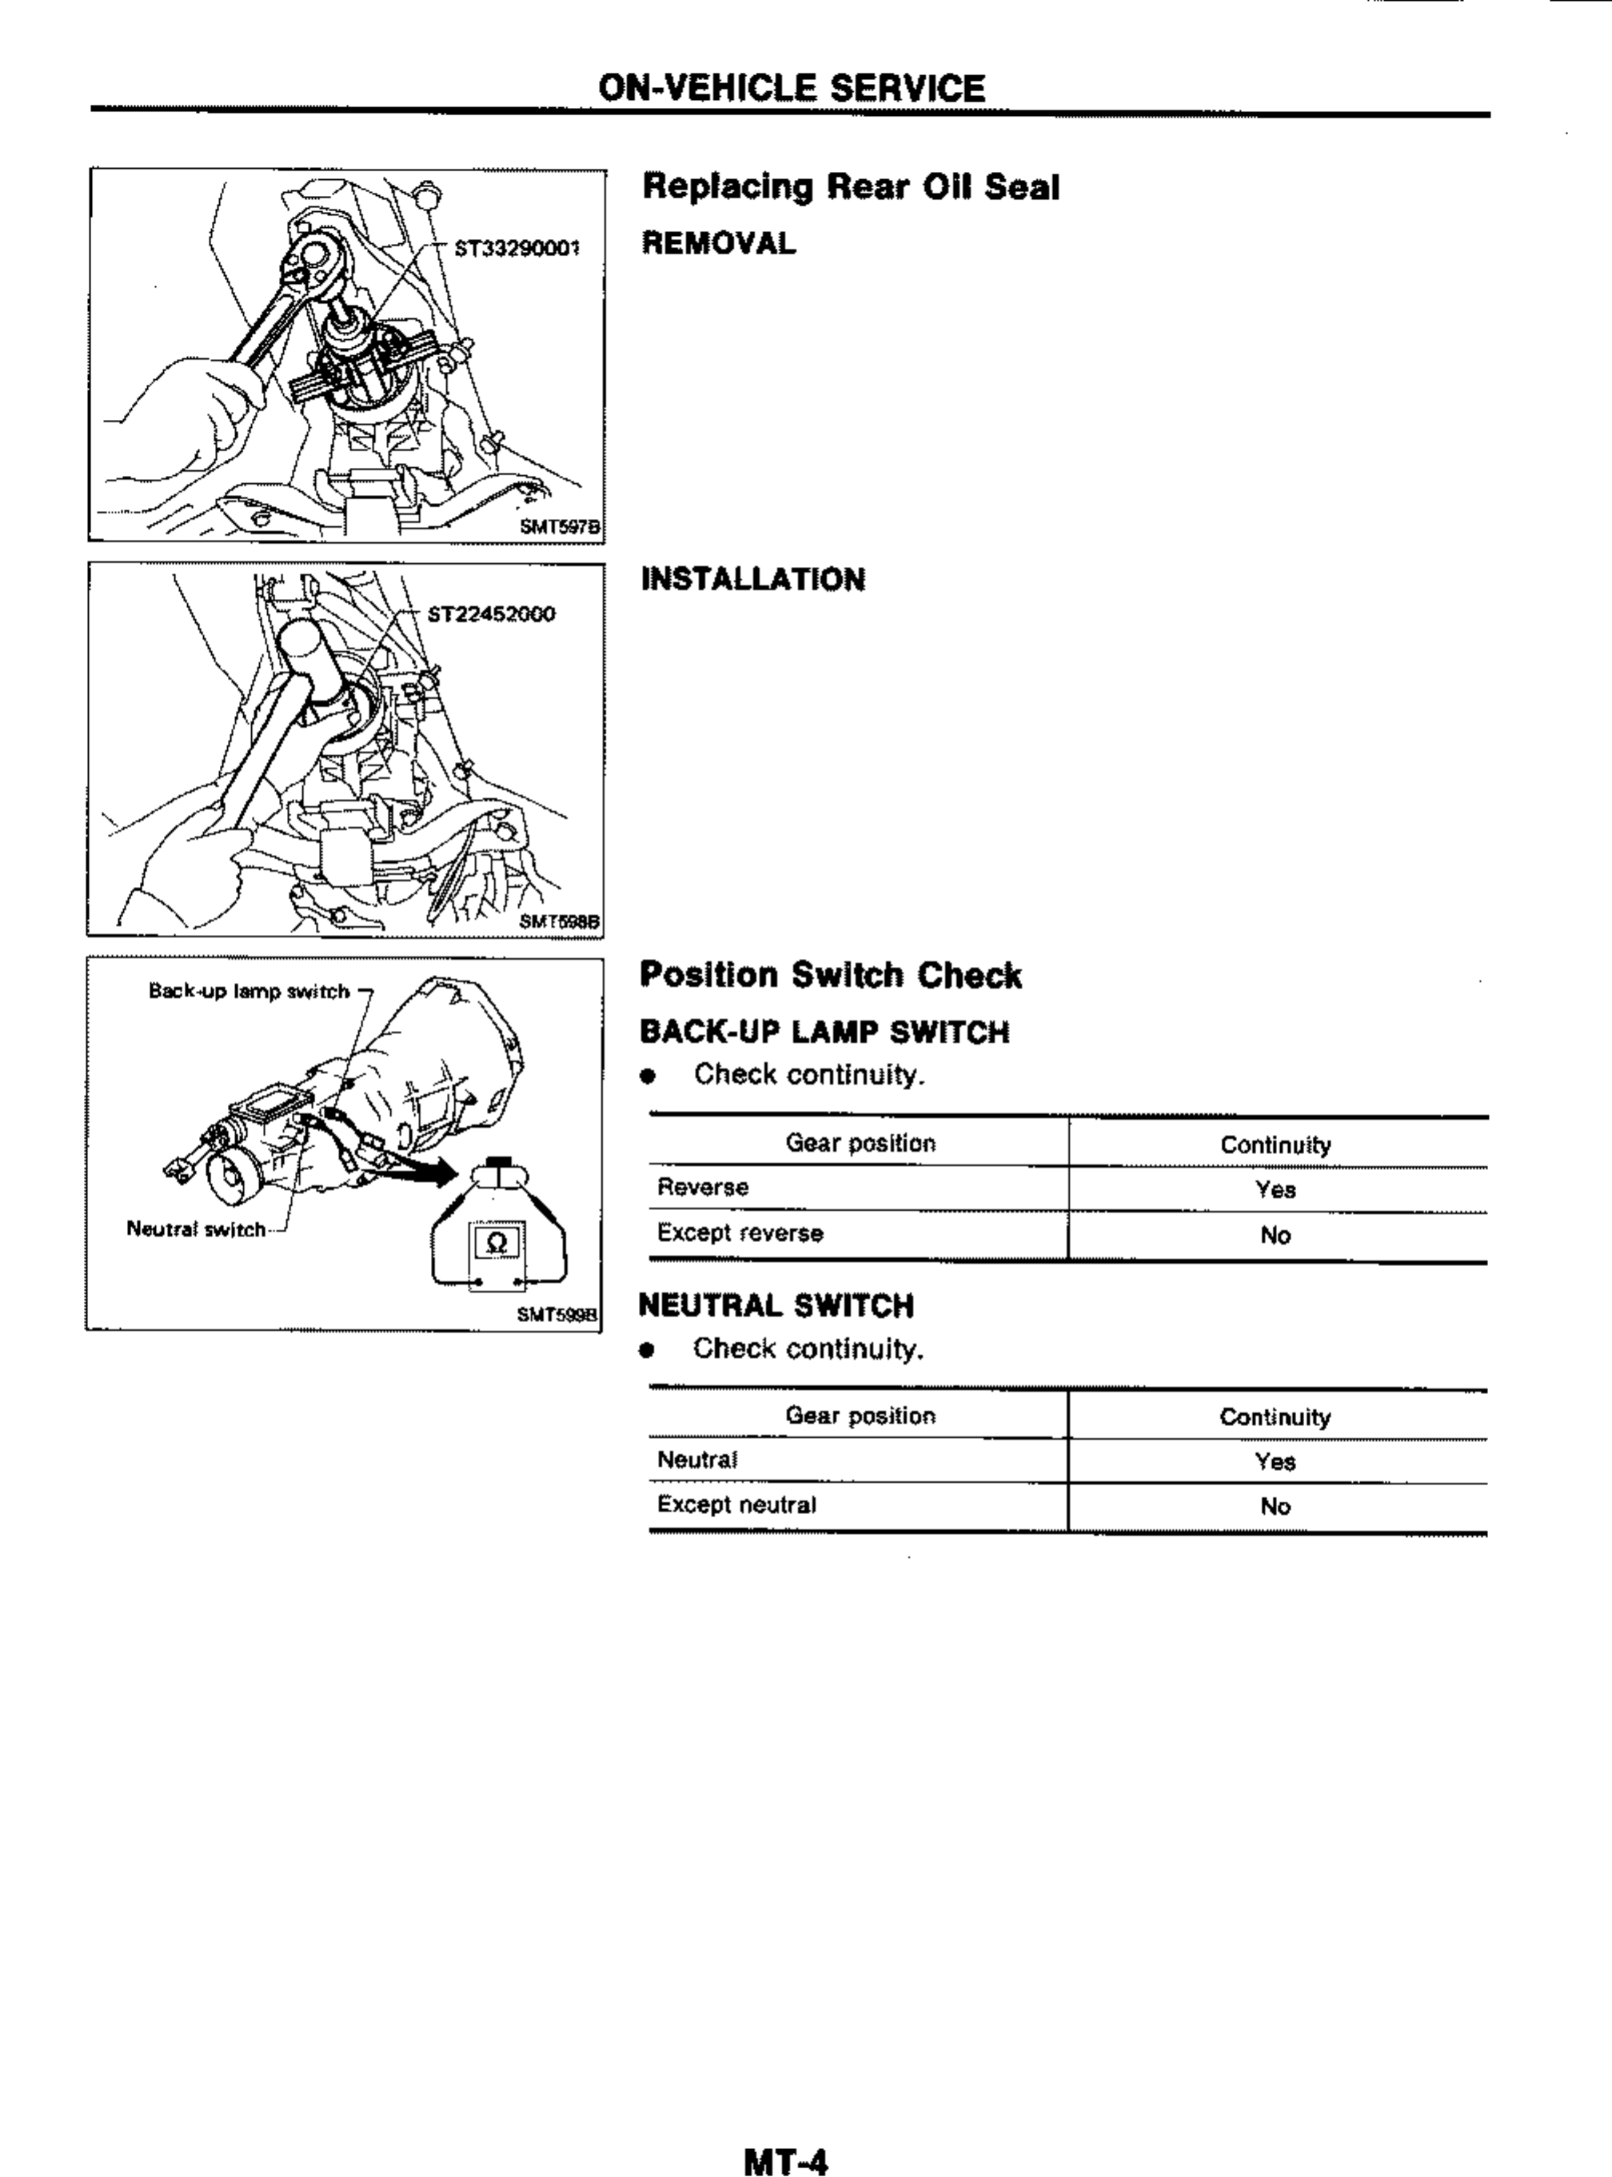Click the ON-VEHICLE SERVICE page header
click(792, 89)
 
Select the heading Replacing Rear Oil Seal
click(850, 186)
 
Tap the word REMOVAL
click(718, 243)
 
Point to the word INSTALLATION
click(752, 580)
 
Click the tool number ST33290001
click(517, 248)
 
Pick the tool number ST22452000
click(492, 613)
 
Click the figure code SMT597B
click(559, 527)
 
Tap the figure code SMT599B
click(557, 1314)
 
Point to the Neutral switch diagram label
click(195, 1229)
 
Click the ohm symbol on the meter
click(496, 1242)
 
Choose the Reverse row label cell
click(703, 1188)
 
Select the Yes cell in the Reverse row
click(1275, 1189)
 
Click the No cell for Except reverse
click(1275, 1236)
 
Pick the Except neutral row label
click(736, 1504)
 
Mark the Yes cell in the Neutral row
click(1275, 1462)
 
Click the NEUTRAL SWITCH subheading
click(776, 1305)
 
